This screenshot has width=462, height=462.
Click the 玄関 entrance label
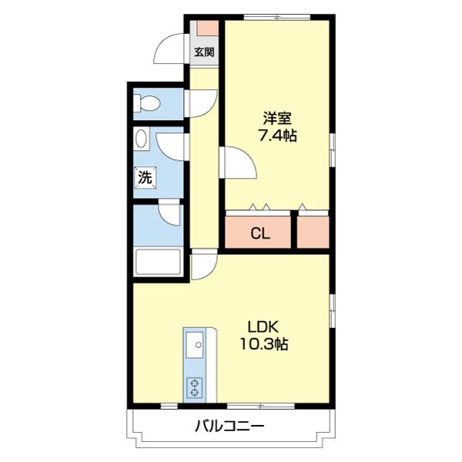(x=204, y=53)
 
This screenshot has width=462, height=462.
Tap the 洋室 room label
(x=277, y=119)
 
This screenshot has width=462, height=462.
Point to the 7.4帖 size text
(x=277, y=136)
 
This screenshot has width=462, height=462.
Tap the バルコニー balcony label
(x=229, y=425)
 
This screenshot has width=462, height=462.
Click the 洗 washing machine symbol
(x=145, y=177)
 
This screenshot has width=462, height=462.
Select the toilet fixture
(x=147, y=102)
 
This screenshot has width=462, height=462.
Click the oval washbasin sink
(x=142, y=139)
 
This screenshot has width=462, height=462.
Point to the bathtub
(x=158, y=263)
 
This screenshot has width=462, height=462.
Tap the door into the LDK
(x=203, y=266)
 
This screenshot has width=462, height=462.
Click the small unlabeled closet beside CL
(x=313, y=233)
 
